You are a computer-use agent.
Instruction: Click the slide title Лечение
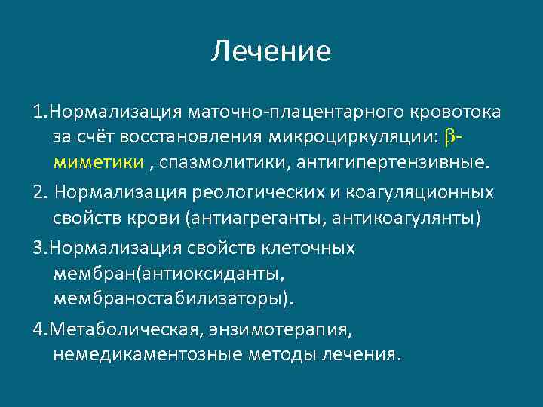[x=271, y=51]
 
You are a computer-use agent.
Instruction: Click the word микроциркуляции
[x=359, y=138]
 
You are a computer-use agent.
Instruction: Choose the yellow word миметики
[x=88, y=162]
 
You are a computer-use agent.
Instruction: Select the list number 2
[x=39, y=192]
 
